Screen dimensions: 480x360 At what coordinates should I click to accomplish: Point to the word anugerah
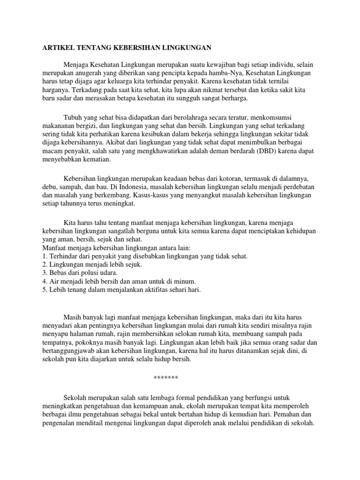click(x=90, y=73)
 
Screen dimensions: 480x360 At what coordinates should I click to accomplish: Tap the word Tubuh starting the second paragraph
click(x=72, y=116)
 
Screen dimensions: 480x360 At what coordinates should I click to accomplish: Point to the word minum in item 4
click(x=186, y=281)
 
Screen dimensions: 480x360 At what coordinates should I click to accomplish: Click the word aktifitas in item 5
click(x=157, y=290)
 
